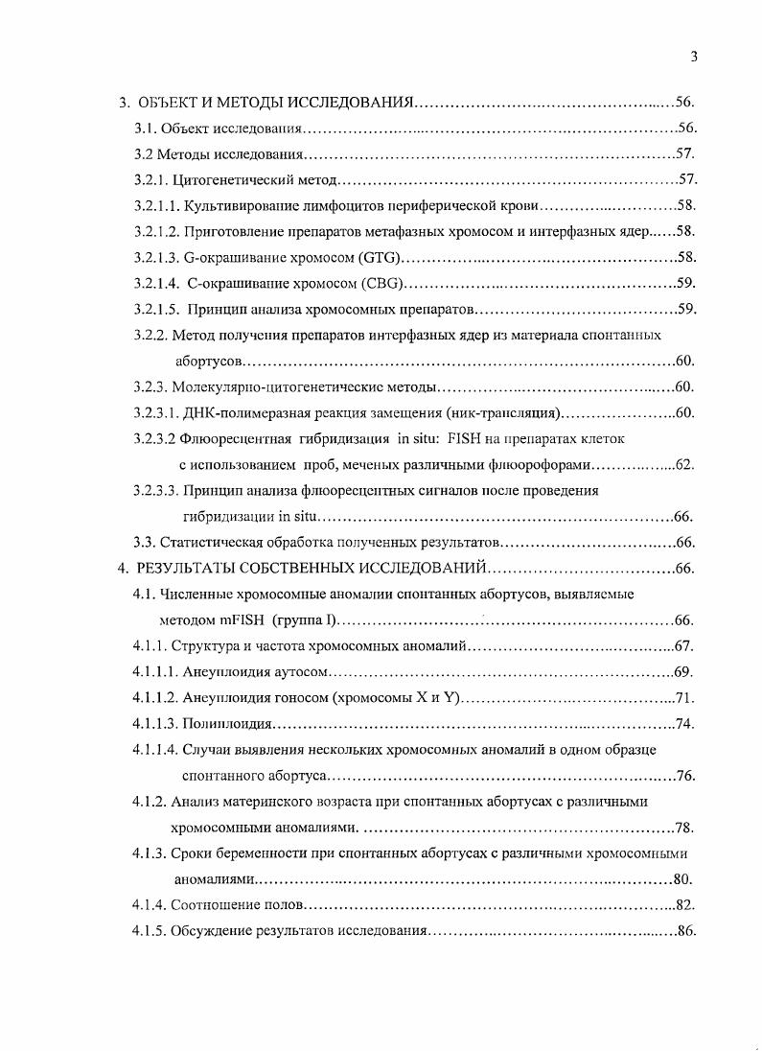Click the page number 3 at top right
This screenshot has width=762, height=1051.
pyautogui.click(x=693, y=57)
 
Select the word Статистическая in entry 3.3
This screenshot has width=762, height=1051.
pyautogui.click(x=204, y=543)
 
